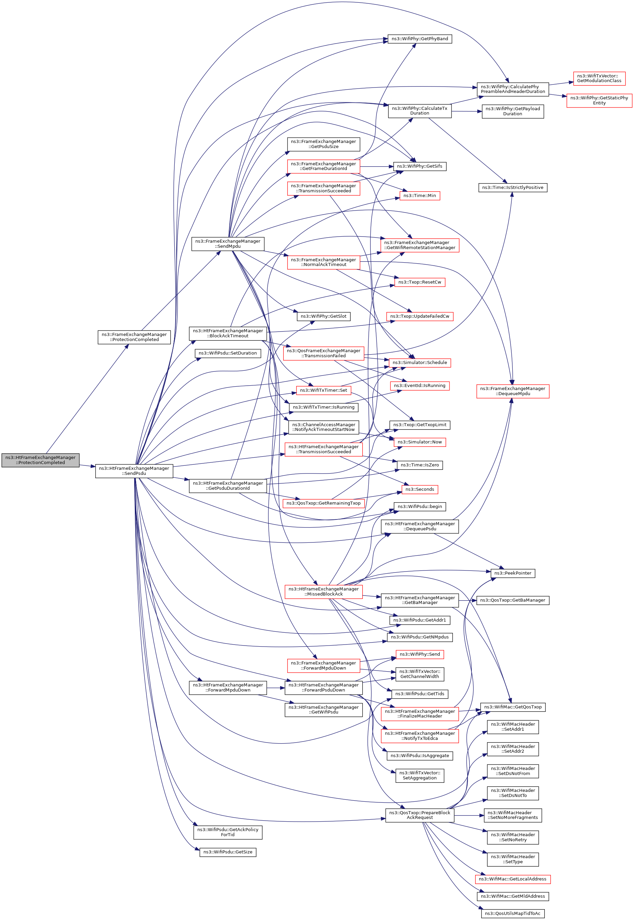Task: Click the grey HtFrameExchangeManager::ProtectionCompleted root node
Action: [x=41, y=460]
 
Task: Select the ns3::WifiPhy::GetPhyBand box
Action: [x=419, y=39]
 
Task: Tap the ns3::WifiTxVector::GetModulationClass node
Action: [x=599, y=78]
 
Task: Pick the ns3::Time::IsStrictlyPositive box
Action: [x=512, y=188]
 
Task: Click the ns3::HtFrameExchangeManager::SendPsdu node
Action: [x=134, y=471]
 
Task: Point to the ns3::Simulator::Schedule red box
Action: [x=419, y=363]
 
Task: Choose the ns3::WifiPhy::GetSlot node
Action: [x=323, y=317]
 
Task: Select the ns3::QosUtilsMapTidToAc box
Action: [x=512, y=913]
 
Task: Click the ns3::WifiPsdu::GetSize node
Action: [x=228, y=852]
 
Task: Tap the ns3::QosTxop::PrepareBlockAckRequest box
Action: [x=419, y=815]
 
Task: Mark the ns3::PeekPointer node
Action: [x=512, y=573]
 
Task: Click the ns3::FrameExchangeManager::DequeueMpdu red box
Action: [x=512, y=391]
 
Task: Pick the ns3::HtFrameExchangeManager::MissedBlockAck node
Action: [x=323, y=591]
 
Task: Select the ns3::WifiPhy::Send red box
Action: [x=419, y=654]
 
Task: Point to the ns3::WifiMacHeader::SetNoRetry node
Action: [x=512, y=838]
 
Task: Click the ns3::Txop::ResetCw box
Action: [x=419, y=283]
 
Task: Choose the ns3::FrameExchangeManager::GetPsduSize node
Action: [x=323, y=144]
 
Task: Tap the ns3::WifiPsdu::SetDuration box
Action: [x=228, y=353]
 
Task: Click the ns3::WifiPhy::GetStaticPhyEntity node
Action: [x=599, y=100]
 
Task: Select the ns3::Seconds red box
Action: [x=419, y=489]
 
